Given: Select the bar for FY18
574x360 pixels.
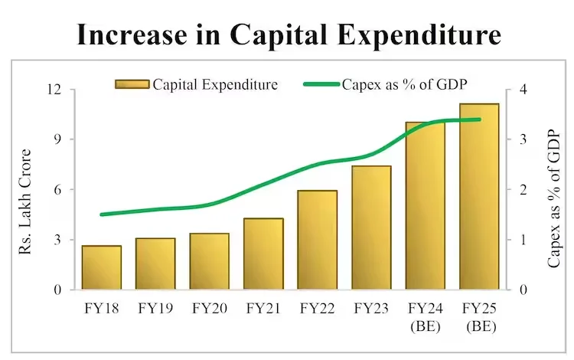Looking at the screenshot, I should coord(101,267).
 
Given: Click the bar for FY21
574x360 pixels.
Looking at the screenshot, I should coord(263,254).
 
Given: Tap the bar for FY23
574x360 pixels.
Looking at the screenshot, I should coord(371,227).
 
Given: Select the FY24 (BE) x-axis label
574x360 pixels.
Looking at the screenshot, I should coord(426,317).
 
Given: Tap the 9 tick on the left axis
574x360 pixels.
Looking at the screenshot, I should coord(57,139).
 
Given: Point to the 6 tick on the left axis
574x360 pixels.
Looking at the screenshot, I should coord(57,190).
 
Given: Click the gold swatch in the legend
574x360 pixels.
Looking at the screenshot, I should coord(132,83).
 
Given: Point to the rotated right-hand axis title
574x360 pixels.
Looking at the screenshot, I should coord(553,198).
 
